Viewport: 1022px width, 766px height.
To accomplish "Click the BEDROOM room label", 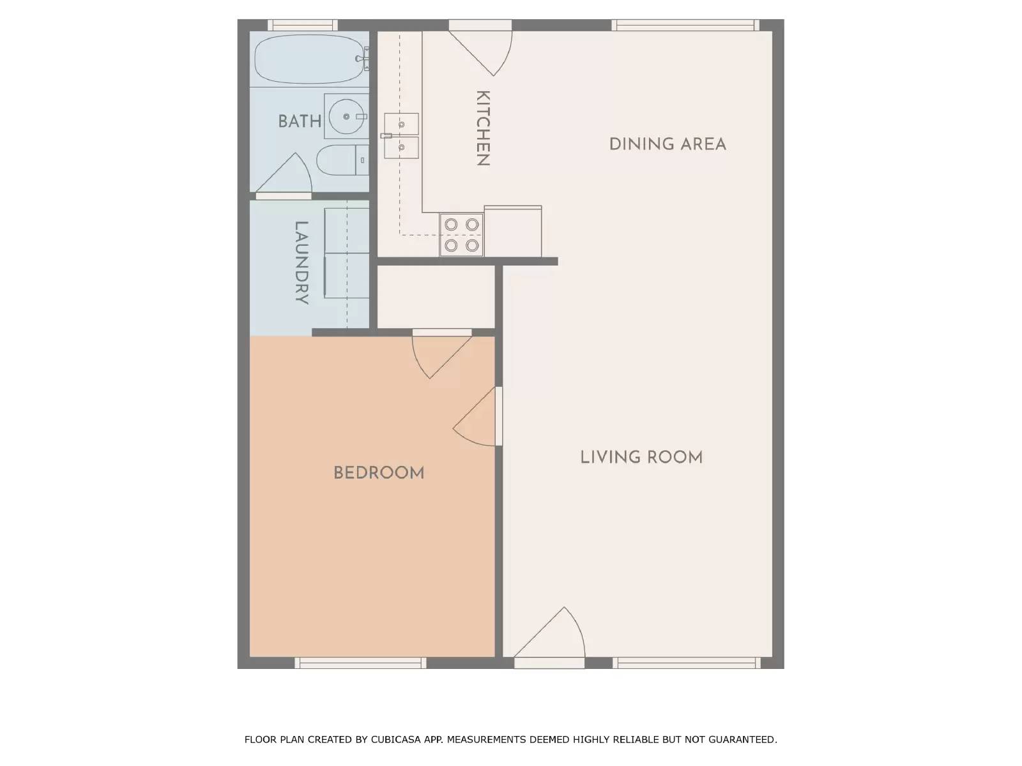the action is [379, 473].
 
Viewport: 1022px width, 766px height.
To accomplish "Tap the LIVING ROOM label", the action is [641, 458].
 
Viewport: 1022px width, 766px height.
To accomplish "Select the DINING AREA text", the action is [667, 144].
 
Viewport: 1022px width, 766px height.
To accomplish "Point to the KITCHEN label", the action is [483, 128].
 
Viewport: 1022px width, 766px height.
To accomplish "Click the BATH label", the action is [300, 122].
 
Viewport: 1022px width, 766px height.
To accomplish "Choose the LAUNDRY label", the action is [301, 263].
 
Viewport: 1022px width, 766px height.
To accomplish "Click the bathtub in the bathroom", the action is [310, 59].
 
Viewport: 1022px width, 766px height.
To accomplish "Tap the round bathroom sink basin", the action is [346, 116].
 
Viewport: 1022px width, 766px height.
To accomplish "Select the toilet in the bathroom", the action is [342, 160].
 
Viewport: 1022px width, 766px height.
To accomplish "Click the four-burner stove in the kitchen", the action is [461, 235].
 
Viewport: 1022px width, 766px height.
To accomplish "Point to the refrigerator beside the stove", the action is [513, 231].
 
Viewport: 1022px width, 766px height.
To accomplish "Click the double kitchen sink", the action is [401, 136].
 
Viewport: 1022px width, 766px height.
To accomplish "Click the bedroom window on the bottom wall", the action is [360, 663].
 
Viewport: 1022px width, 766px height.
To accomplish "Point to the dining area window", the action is [685, 25].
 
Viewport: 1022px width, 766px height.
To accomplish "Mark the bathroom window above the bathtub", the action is [303, 25].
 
